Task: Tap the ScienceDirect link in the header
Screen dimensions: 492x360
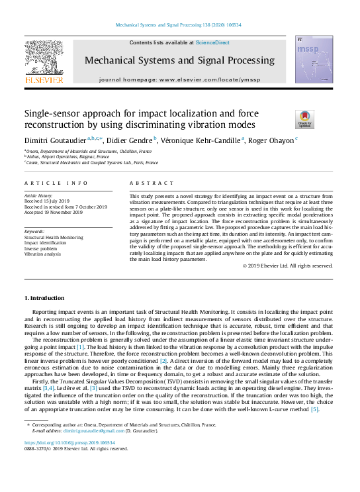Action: pos(212,42)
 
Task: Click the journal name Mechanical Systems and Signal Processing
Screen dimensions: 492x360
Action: pos(179,61)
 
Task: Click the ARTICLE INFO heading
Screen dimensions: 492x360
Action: pos(56,182)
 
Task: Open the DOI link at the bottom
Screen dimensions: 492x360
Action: pos(69,460)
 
